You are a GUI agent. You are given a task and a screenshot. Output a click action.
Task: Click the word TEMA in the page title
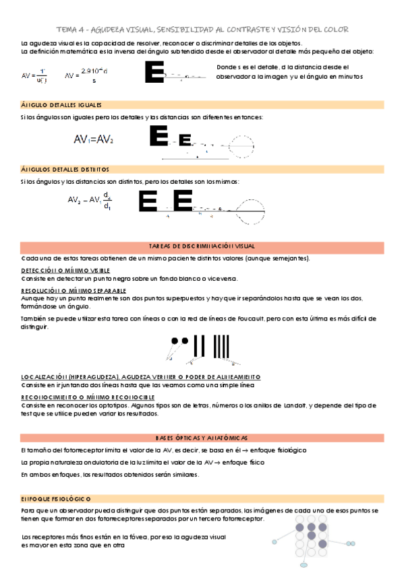(67, 30)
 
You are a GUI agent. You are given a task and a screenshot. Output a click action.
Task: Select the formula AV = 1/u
(34, 76)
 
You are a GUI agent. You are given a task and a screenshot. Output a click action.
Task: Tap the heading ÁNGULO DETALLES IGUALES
(61, 106)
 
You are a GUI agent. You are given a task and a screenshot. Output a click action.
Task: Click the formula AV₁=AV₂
(94, 139)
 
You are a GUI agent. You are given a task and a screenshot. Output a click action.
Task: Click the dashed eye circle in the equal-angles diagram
(240, 143)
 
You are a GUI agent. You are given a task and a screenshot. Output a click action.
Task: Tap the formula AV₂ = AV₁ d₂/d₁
(90, 203)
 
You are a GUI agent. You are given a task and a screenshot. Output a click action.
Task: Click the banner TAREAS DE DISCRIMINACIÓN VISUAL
(202, 247)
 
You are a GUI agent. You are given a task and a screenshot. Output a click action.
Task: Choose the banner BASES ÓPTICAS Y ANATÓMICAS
(202, 437)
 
